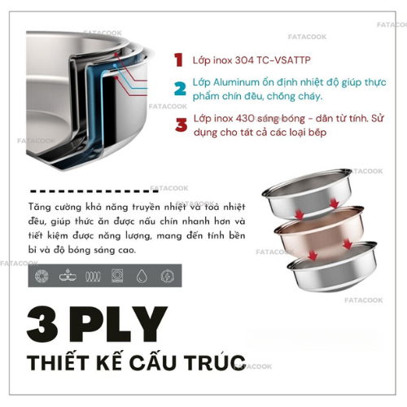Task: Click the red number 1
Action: click(178, 60)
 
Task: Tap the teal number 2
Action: click(180, 89)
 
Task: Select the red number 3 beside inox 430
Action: click(181, 125)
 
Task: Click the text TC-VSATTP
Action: click(283, 60)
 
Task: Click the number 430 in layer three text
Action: click(245, 119)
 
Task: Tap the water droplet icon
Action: click(142, 276)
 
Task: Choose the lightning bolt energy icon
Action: click(168, 276)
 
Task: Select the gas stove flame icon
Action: click(68, 275)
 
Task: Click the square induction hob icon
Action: click(117, 276)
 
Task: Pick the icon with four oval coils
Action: click(93, 277)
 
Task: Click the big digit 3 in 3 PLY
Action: click(42, 324)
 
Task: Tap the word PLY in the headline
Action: click(118, 324)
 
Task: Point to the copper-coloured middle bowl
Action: click(320, 232)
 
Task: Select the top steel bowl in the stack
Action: click(307, 194)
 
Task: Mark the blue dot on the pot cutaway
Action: click(115, 65)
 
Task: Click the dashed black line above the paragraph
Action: click(94, 191)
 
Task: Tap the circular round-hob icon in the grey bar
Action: click(42, 276)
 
